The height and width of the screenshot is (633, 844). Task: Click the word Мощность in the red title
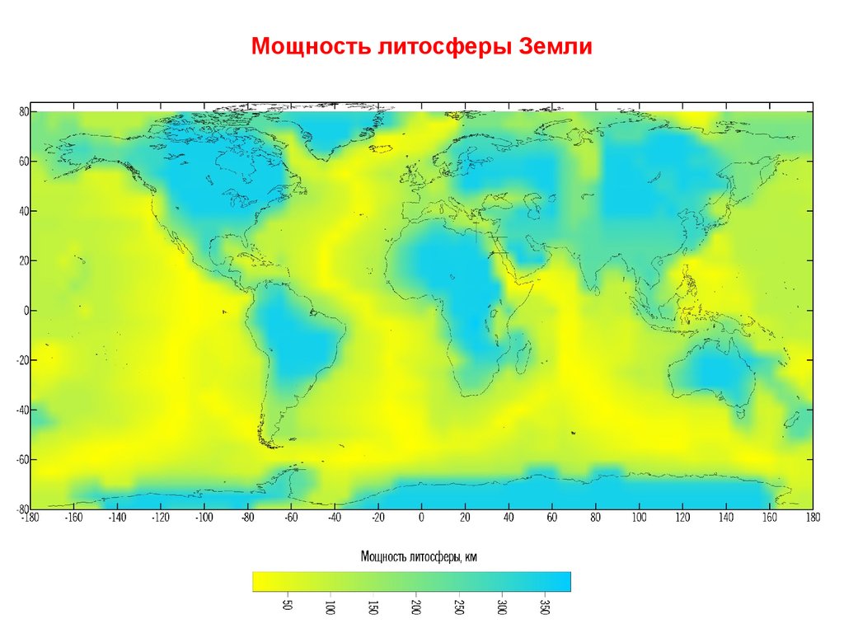point(310,46)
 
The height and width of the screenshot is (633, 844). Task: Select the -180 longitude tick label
point(30,518)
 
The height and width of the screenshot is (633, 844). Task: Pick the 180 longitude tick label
point(813,518)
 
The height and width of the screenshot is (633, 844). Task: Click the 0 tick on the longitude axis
point(421,518)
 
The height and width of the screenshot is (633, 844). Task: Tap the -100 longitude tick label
point(202,518)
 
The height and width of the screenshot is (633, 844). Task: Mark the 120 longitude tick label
point(682,518)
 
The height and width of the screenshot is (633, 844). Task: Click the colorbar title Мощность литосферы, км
point(419,557)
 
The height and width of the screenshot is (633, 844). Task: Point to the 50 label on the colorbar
point(287,608)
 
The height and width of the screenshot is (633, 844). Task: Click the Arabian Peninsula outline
point(519,256)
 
